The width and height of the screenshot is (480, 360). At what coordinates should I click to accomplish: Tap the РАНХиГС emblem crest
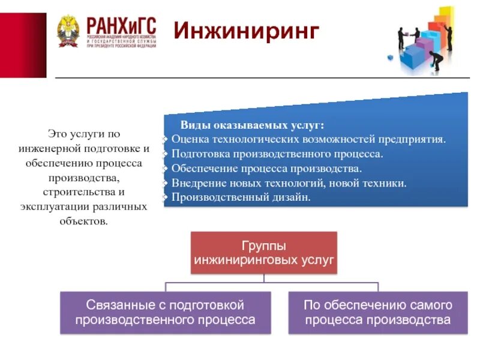68,31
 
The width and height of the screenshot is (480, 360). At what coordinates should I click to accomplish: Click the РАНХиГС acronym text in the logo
121,25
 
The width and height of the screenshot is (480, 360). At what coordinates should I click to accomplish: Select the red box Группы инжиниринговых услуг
263,253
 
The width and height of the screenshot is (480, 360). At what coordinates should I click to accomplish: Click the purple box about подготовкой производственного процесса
165,312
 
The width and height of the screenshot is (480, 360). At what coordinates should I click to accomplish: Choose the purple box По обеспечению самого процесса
377,312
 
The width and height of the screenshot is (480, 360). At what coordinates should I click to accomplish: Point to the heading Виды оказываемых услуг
252,125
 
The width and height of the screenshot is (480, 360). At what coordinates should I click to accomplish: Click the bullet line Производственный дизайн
241,197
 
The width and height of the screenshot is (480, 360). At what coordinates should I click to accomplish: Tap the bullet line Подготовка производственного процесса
277,154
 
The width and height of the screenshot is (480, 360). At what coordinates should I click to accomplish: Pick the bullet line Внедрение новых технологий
289,182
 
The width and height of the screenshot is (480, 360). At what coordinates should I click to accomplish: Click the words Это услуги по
84,134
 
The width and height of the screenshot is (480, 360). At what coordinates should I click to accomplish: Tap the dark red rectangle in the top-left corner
23,45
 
